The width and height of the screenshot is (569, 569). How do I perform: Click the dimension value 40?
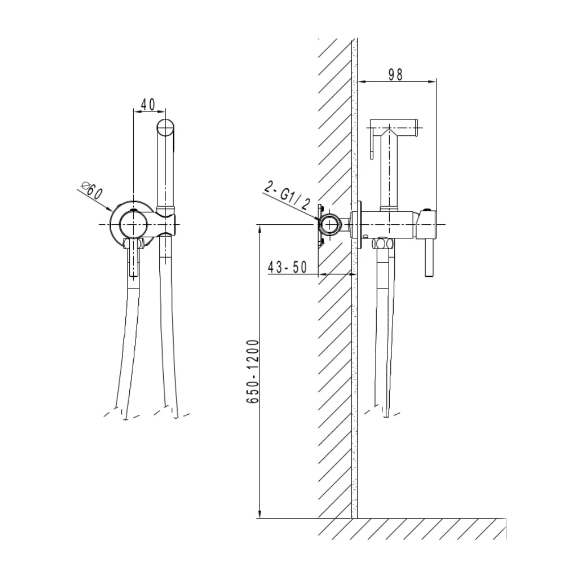[x=148, y=104]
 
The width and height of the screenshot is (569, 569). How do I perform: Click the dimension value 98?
[x=395, y=75]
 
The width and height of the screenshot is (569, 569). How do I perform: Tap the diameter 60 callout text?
[x=92, y=190]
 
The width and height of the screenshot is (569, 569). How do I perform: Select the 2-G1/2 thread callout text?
[x=287, y=196]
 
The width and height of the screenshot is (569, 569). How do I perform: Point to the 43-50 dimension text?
[x=287, y=267]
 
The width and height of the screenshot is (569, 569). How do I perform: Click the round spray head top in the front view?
[x=166, y=127]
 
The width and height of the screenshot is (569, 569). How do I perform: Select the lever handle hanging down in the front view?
[x=134, y=257]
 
